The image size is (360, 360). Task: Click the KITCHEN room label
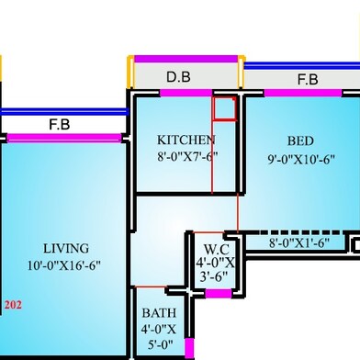pos(186,140)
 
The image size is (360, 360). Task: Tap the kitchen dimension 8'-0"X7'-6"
pos(186,155)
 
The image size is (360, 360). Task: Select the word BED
pos(300,141)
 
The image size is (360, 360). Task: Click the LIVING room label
pos(66,248)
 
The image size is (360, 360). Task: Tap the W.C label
pos(217,247)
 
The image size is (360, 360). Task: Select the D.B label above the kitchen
pos(178,77)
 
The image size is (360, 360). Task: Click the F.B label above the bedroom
pos(307,80)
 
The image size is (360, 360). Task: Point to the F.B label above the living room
pos(63,124)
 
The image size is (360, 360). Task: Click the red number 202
pos(13,303)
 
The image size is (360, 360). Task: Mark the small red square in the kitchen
pos(224,107)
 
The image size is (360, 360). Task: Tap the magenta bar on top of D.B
pos(186,59)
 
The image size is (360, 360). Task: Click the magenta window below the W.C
pos(218,294)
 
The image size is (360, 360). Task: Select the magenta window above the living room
pos(63,137)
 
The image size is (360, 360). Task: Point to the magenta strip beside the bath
pos(189,348)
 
